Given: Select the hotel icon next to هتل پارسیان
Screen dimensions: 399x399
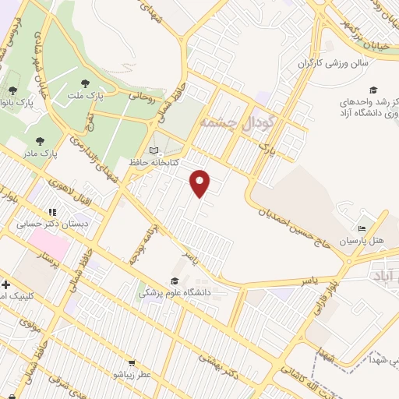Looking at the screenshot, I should [x=361, y=228].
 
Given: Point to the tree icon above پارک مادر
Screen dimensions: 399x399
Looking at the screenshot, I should [x=40, y=141].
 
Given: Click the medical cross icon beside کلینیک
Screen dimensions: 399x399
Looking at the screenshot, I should [x=6, y=284].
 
